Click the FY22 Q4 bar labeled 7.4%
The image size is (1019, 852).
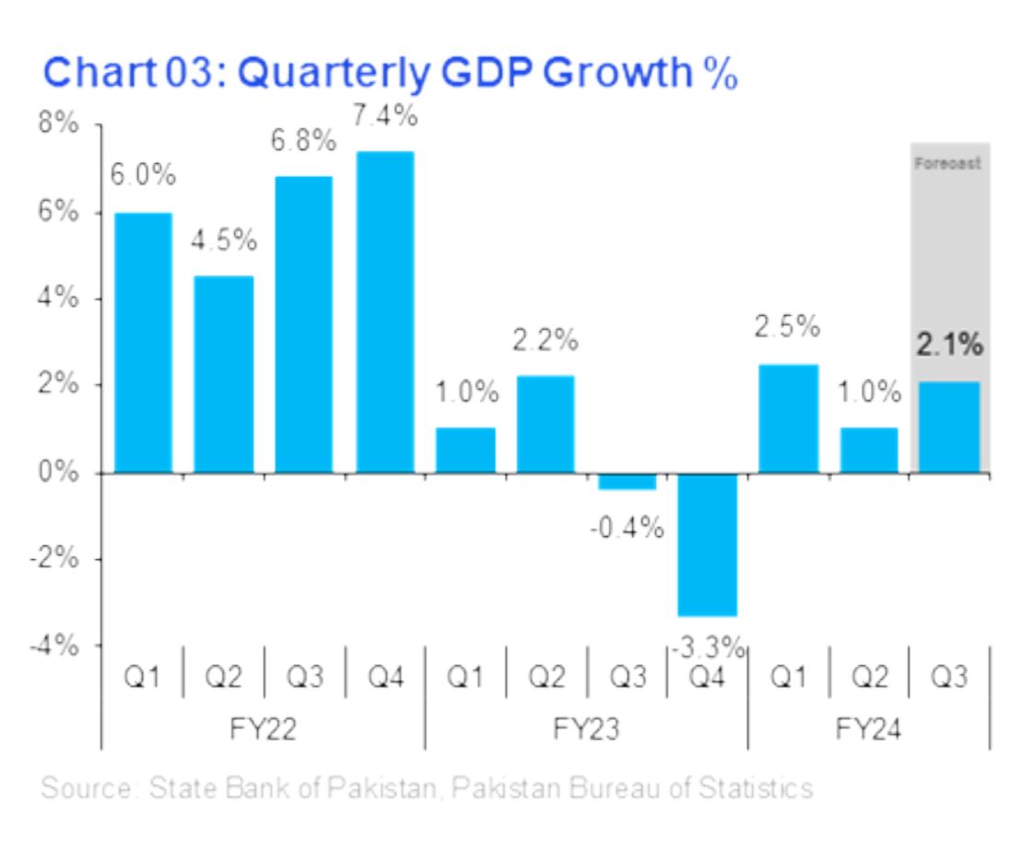(385, 312)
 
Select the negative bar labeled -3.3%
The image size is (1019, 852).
(708, 544)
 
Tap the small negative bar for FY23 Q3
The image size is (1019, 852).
(627, 481)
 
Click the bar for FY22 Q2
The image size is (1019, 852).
(224, 374)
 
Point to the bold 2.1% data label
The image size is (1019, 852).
(949, 346)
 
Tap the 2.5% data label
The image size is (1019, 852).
(788, 327)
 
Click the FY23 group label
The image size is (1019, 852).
(586, 729)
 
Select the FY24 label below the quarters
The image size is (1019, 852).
(869, 729)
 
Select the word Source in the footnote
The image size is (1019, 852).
(81, 788)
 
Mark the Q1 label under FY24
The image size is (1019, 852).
(789, 678)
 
